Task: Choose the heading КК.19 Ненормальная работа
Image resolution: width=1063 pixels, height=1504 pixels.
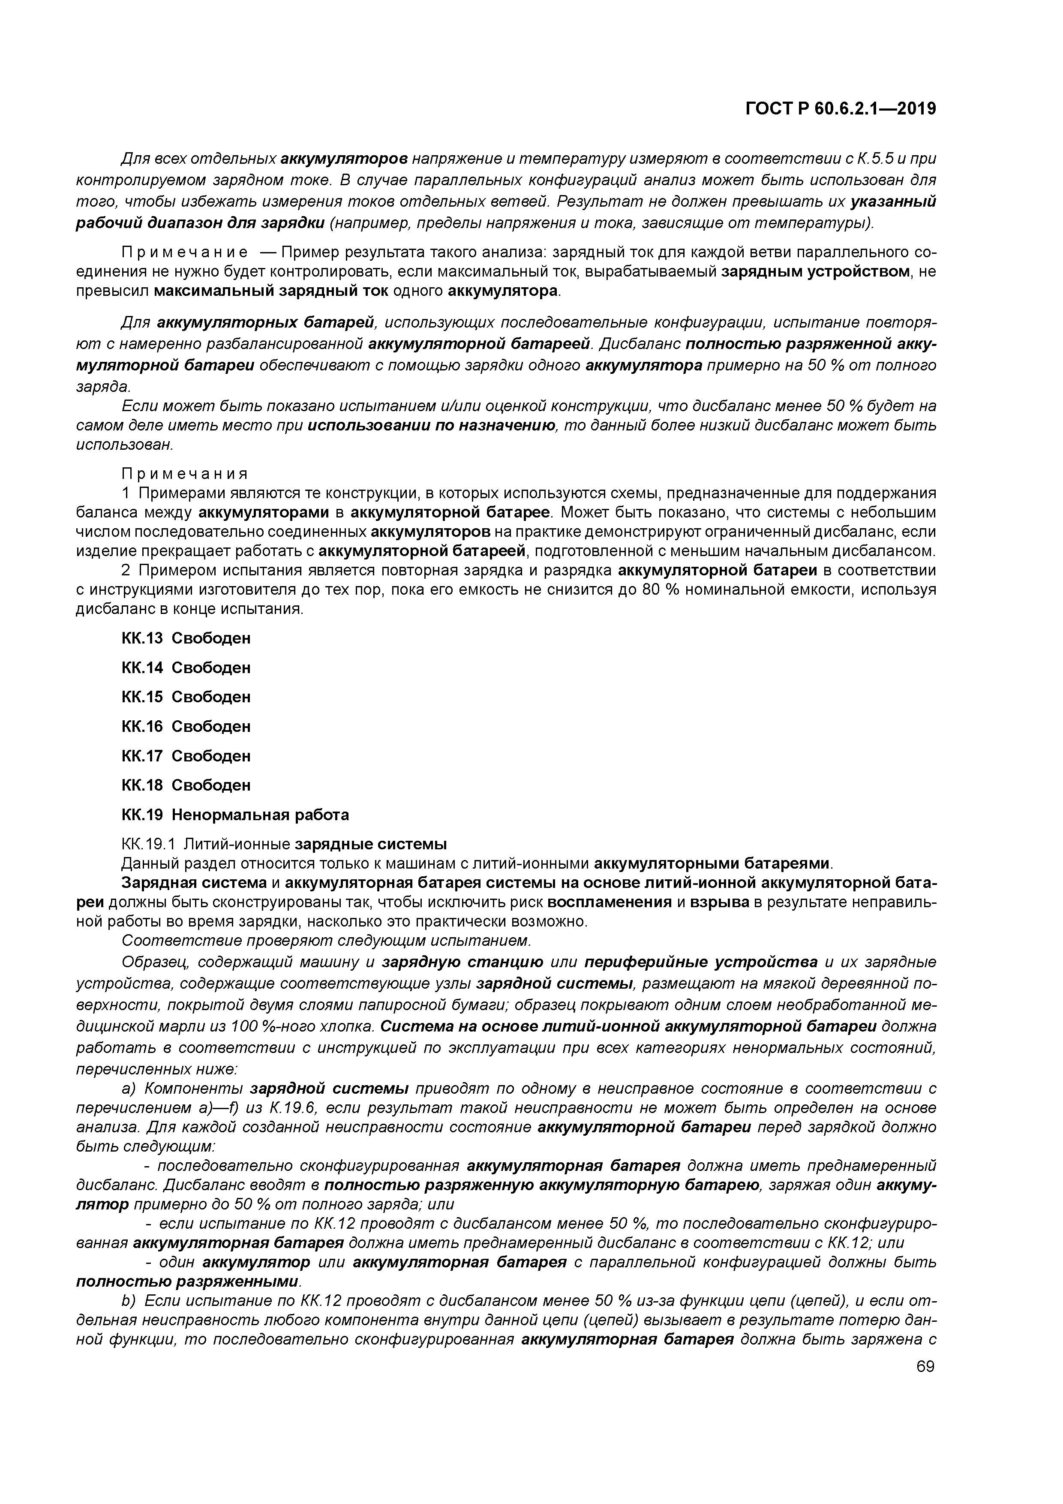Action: pyautogui.click(x=235, y=815)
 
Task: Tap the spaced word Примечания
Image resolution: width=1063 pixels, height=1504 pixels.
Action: pyautogui.click(x=185, y=474)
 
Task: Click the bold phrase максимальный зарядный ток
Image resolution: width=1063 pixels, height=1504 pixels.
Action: pyautogui.click(x=271, y=291)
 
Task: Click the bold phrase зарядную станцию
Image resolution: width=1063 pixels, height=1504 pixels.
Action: pyautogui.click(x=462, y=962)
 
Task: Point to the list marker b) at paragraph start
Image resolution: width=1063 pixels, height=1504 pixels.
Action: pyautogui.click(x=128, y=1300)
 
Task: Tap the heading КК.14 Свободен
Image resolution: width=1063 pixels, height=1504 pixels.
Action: pyautogui.click(x=186, y=668)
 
